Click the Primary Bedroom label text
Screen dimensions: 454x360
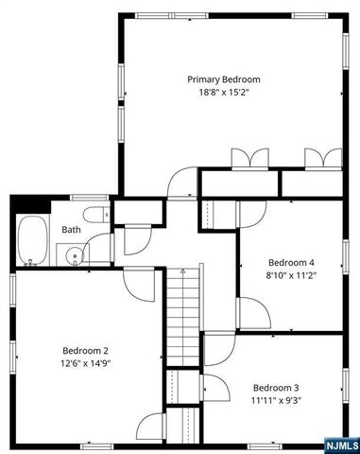pyautogui.click(x=223, y=79)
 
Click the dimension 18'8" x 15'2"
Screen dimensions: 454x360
pyautogui.click(x=223, y=94)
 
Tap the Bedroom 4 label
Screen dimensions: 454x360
pyautogui.click(x=291, y=262)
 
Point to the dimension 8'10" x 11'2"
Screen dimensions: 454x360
pyautogui.click(x=291, y=276)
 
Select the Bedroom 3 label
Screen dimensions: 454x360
pyautogui.click(x=276, y=388)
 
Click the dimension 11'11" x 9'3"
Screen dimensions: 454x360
pyautogui.click(x=276, y=402)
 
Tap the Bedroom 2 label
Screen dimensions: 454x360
pyautogui.click(x=86, y=348)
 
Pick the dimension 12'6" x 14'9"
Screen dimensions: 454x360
pyautogui.click(x=86, y=362)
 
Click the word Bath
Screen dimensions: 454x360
pyautogui.click(x=72, y=230)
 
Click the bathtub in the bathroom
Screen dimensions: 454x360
pyautogui.click(x=31, y=241)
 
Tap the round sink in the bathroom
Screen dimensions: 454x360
pyautogui.click(x=72, y=253)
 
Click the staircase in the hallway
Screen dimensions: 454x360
pyautogui.click(x=184, y=312)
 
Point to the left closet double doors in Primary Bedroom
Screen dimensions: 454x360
pyautogui.click(x=245, y=159)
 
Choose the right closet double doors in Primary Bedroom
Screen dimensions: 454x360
pyautogui.click(x=315, y=159)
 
